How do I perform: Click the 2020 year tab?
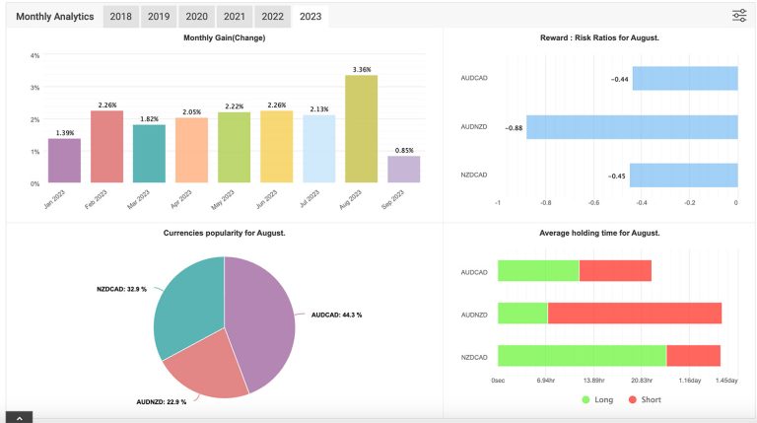pyautogui.click(x=196, y=17)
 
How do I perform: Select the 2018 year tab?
pyautogui.click(x=121, y=17)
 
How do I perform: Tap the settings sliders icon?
pyautogui.click(x=739, y=15)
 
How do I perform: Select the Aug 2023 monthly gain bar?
pyautogui.click(x=361, y=129)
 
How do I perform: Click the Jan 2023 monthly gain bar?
pyautogui.click(x=64, y=161)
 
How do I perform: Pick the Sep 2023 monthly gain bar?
pyautogui.click(x=403, y=170)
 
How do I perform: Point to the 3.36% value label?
pyautogui.click(x=362, y=69)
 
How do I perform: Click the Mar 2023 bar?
pyautogui.click(x=149, y=154)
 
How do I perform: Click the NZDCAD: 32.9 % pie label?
pyautogui.click(x=121, y=289)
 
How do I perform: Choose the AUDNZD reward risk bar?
pyautogui.click(x=632, y=127)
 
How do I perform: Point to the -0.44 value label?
pyautogui.click(x=620, y=79)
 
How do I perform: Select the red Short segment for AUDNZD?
pyautogui.click(x=634, y=314)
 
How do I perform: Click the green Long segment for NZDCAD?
pyautogui.click(x=582, y=356)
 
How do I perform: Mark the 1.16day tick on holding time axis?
pyautogui.click(x=689, y=380)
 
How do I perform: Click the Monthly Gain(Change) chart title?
pyautogui.click(x=224, y=37)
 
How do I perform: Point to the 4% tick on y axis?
pyautogui.click(x=34, y=55)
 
